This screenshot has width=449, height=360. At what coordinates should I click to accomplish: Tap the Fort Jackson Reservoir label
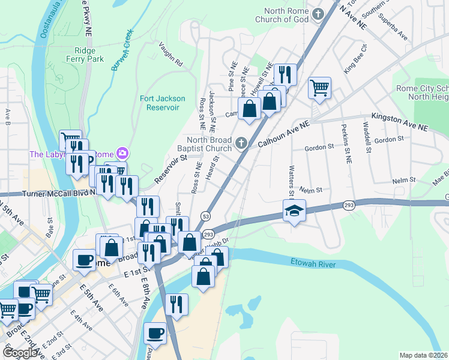(x=162, y=103)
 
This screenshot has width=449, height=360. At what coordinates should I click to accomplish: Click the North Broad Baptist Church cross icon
(x=241, y=143)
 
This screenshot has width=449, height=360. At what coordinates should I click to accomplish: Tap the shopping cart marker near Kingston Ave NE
(x=320, y=88)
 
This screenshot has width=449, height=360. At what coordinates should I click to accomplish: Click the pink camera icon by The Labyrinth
(x=122, y=154)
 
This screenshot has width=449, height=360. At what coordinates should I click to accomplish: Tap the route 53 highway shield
(x=206, y=216)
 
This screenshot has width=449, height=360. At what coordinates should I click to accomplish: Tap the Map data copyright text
(x=424, y=355)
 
